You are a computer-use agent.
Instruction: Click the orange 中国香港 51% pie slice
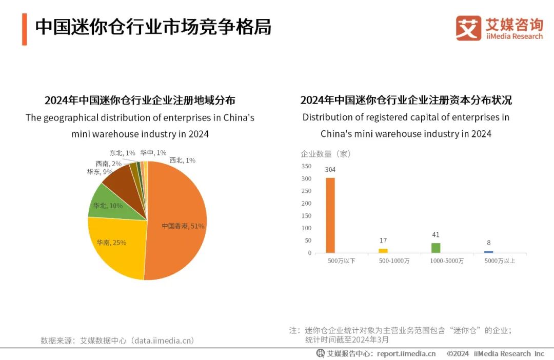(x=177, y=221)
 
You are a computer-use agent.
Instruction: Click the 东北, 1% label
(x=122, y=153)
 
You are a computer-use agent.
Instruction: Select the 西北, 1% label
(x=182, y=161)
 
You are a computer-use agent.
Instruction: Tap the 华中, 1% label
(x=153, y=153)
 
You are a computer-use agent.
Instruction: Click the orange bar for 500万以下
(x=330, y=215)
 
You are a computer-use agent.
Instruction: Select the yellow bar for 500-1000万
(x=383, y=251)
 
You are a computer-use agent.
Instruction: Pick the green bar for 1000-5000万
(x=436, y=248)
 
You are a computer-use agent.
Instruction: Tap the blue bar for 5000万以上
(x=489, y=252)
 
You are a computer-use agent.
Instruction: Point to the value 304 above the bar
(x=330, y=170)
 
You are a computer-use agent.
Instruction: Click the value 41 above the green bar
(x=436, y=235)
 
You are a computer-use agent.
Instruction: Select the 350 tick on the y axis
(x=306, y=166)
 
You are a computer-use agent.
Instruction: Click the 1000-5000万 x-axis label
(x=446, y=261)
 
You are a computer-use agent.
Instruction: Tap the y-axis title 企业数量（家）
(x=325, y=153)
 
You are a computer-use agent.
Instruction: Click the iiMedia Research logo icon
(x=468, y=28)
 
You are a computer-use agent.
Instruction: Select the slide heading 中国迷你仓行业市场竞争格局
(x=153, y=27)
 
